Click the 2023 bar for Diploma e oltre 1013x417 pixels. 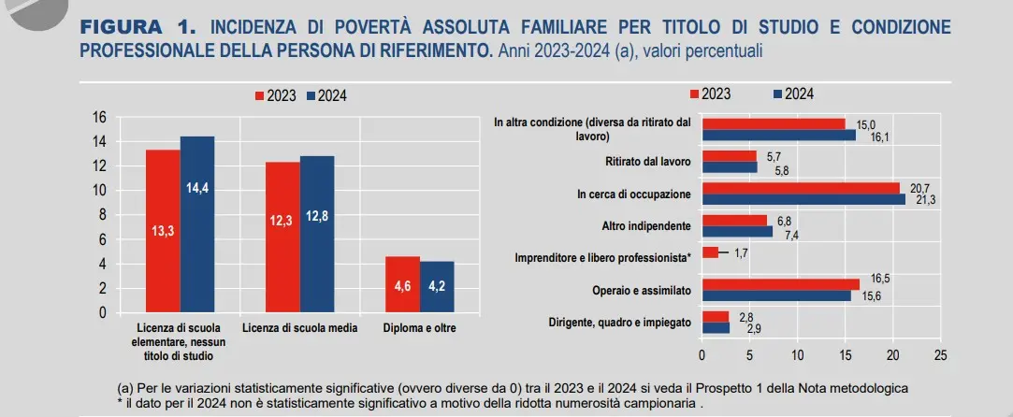(x=402, y=284)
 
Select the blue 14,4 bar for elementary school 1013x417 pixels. (x=197, y=224)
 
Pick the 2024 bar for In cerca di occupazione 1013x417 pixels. (x=803, y=199)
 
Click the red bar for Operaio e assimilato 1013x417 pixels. (x=780, y=284)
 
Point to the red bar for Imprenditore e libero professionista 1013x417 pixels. (x=710, y=252)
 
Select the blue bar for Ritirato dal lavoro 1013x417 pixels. (x=730, y=167)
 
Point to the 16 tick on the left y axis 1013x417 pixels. (x=99, y=117)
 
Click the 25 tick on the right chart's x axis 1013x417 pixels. (x=940, y=355)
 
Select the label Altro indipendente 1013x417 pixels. (x=646, y=226)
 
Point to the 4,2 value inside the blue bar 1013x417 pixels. (x=437, y=286)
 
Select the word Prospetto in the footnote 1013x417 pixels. (x=733, y=387)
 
